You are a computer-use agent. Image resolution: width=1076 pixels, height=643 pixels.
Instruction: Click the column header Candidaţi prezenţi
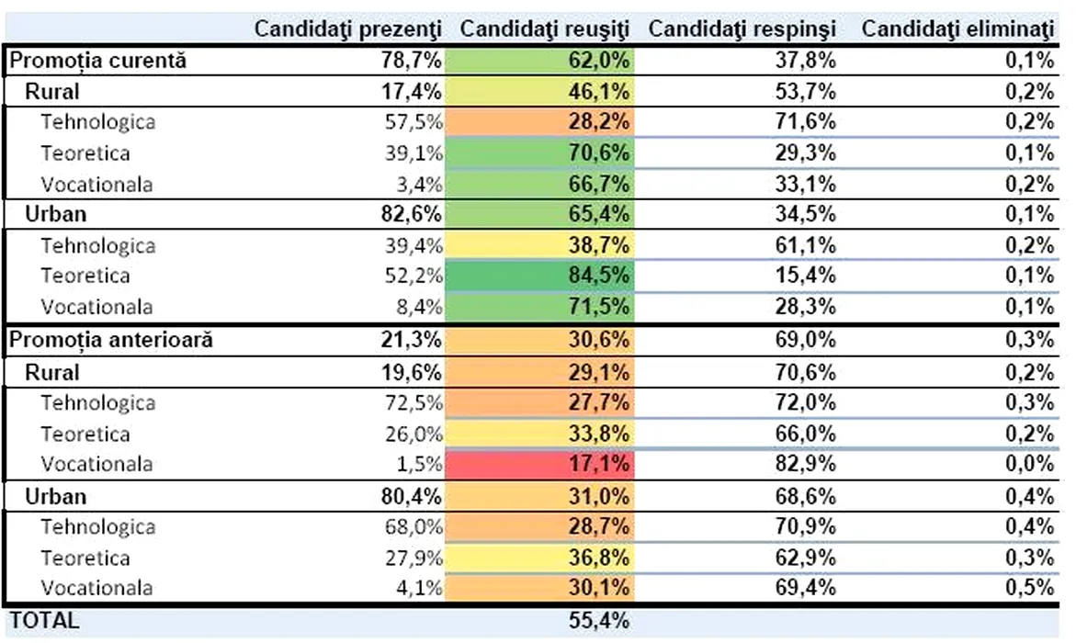348,28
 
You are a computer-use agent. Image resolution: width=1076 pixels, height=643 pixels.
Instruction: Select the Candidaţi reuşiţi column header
544,28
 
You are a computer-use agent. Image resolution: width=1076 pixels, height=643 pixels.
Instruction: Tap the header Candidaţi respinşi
742,28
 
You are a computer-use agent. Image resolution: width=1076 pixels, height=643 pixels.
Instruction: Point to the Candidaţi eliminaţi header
957,28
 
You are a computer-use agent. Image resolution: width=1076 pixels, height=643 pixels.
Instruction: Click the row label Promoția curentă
97,61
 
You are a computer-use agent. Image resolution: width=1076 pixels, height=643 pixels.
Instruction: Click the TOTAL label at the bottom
44,620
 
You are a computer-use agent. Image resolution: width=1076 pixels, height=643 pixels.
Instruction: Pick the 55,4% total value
599,620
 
